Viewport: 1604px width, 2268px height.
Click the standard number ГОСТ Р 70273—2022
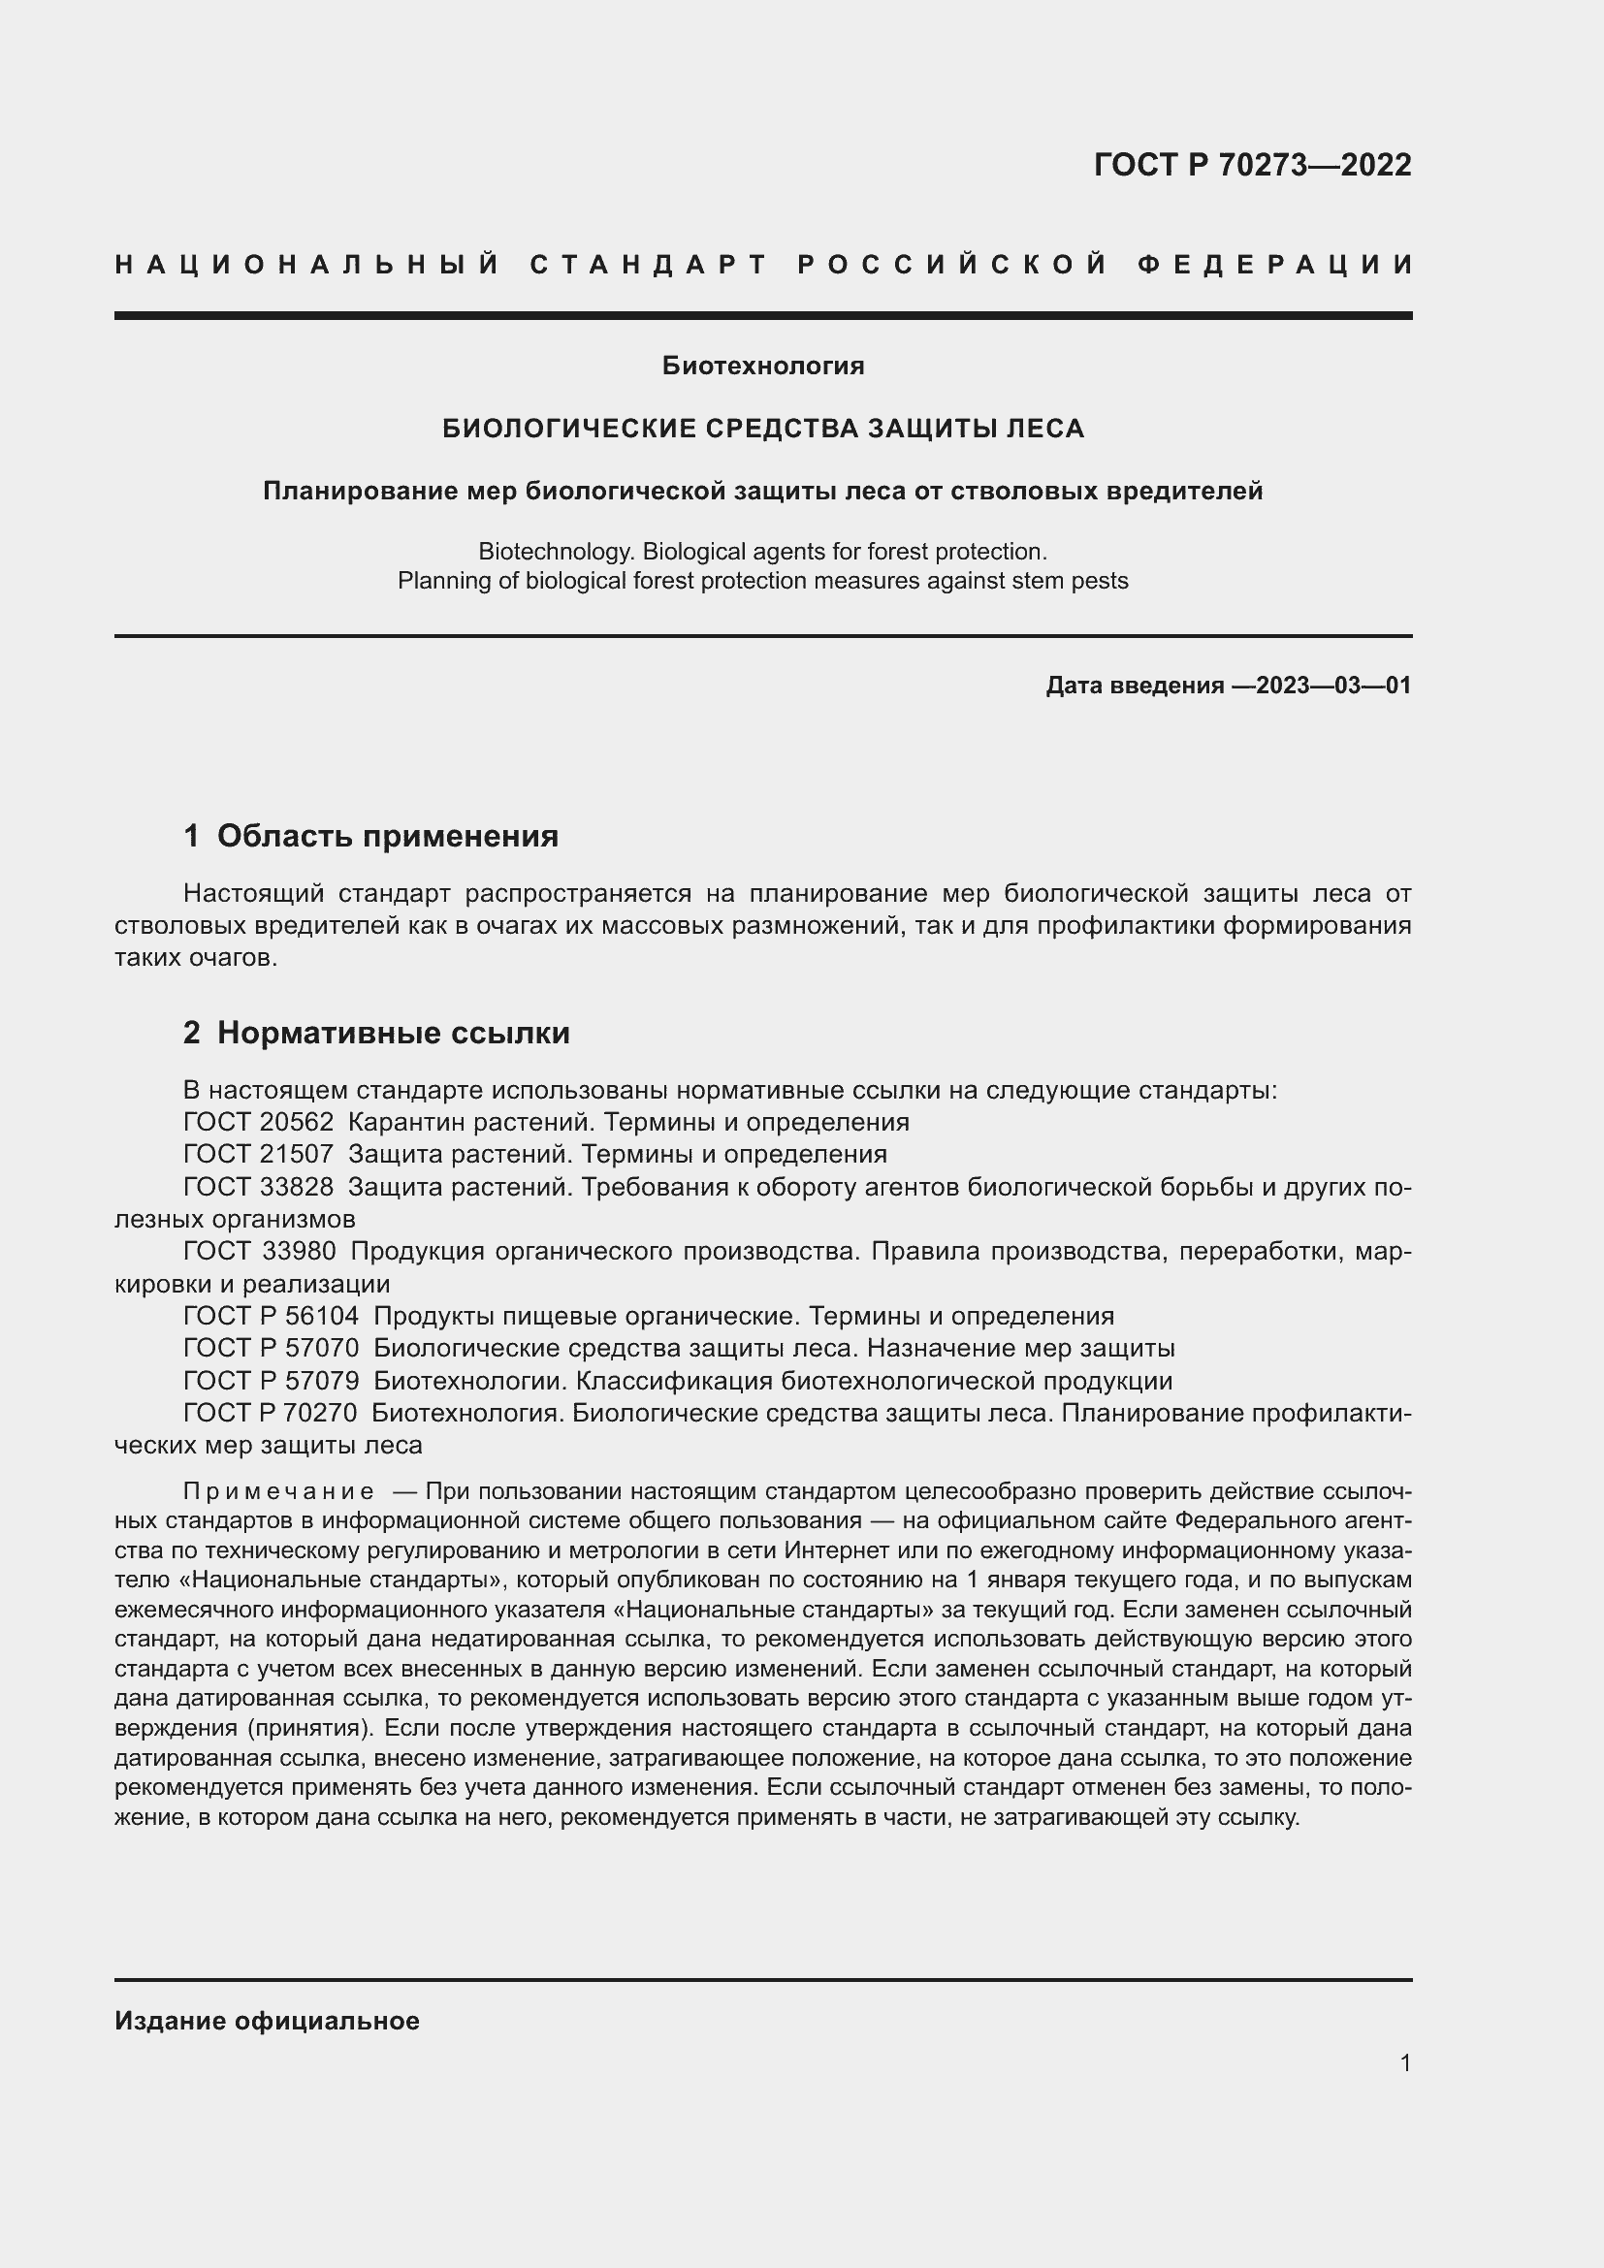coord(1252,165)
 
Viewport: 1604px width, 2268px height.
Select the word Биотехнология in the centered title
coord(762,367)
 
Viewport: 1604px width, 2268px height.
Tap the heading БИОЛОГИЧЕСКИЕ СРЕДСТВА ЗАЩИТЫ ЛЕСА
coord(762,429)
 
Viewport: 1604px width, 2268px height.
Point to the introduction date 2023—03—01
coord(1333,686)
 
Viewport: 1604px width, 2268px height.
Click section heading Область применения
coord(387,837)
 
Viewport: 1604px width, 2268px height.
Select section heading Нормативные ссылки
coord(393,1034)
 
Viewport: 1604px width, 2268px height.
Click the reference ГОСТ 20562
coord(259,1122)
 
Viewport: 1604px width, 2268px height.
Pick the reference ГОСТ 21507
coord(259,1154)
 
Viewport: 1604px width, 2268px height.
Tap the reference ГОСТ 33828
coord(259,1186)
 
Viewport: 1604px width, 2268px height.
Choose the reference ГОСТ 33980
coord(260,1251)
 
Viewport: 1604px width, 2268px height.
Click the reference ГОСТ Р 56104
coord(272,1316)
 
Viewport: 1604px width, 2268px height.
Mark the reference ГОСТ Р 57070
coord(272,1348)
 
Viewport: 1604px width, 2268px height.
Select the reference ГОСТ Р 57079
coord(272,1380)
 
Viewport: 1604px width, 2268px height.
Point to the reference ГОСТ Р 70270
coord(271,1413)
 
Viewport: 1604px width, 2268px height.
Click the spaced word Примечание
coord(278,1490)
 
